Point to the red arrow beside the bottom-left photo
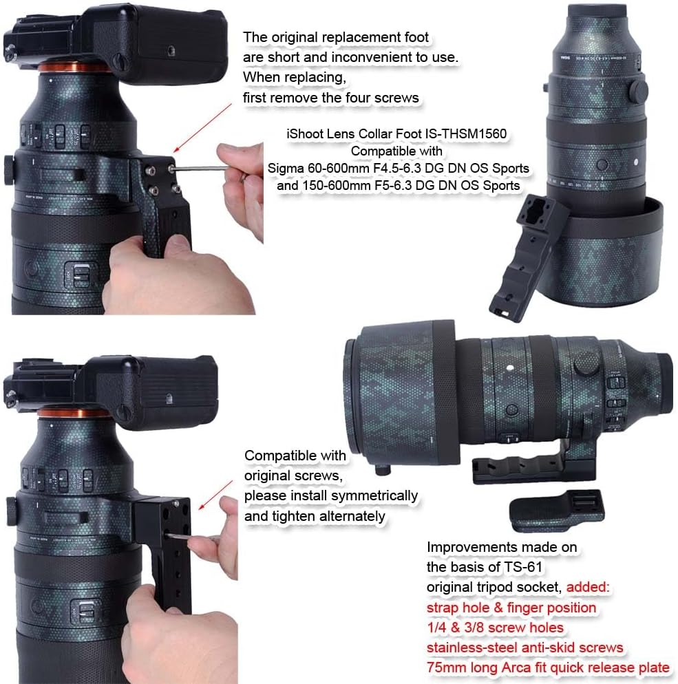[x=216, y=495]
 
